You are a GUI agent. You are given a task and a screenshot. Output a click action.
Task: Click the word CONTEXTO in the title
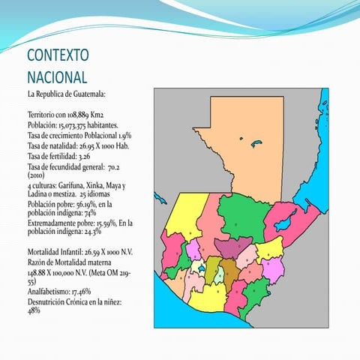tap(58, 56)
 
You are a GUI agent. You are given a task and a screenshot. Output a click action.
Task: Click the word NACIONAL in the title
tap(57, 76)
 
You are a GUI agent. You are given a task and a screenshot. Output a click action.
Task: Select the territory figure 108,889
tap(79, 112)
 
